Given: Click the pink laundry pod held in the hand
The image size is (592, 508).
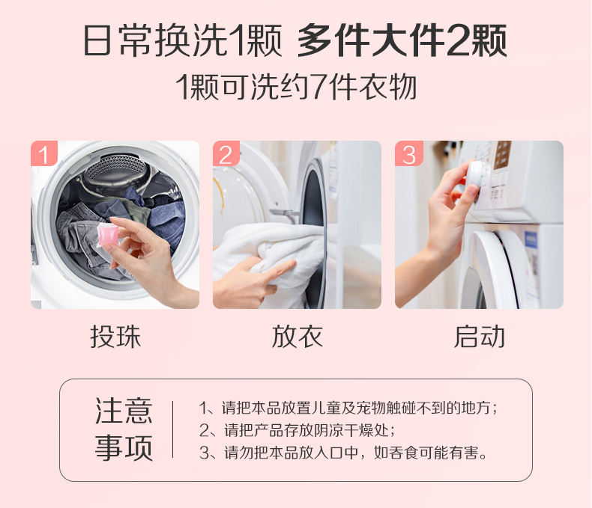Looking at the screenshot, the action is pyautogui.click(x=108, y=234).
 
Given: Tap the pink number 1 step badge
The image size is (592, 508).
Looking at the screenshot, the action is pyautogui.click(x=44, y=153).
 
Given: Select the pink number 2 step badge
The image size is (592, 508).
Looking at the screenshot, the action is pyautogui.click(x=226, y=153).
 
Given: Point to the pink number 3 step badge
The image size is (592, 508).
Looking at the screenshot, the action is pyautogui.click(x=408, y=153).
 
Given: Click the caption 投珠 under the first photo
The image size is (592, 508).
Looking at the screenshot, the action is pyautogui.click(x=115, y=337).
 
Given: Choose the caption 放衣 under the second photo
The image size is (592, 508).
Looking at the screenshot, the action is pyautogui.click(x=297, y=337).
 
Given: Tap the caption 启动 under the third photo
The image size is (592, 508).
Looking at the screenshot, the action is pyautogui.click(x=479, y=337).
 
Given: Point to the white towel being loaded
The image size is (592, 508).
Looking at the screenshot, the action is pyautogui.click(x=272, y=257).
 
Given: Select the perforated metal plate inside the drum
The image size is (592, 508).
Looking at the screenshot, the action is pyautogui.click(x=115, y=169).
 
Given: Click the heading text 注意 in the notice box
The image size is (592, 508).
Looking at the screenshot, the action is pyautogui.click(x=124, y=411).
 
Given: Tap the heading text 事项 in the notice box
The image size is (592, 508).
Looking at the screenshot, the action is pyautogui.click(x=124, y=447).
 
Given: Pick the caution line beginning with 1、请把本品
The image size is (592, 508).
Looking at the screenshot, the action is pyautogui.click(x=348, y=408).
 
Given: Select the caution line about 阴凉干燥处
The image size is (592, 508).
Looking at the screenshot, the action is pyautogui.click(x=297, y=430).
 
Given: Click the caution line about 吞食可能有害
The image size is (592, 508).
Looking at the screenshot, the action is pyautogui.click(x=343, y=453).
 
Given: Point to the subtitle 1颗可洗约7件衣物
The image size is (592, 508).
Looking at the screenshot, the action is pyautogui.click(x=297, y=88).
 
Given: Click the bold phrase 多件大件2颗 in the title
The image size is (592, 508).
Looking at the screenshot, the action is pyautogui.click(x=402, y=40).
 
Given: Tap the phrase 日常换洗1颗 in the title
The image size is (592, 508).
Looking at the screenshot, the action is pyautogui.click(x=183, y=40).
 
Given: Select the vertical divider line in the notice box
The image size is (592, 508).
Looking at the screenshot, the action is pyautogui.click(x=173, y=429).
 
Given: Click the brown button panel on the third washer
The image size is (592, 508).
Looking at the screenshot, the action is pyautogui.click(x=503, y=155).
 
